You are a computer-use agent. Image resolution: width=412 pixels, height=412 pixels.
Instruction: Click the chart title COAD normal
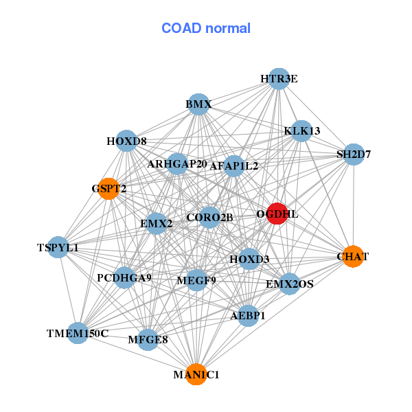pyautogui.click(x=206, y=29)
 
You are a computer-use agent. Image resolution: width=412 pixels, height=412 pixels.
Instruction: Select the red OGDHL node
pyautogui.click(x=277, y=214)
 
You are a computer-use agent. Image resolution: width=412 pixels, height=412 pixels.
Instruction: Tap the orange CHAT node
pyautogui.click(x=352, y=256)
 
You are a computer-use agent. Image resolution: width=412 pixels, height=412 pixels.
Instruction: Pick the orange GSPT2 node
pyautogui.click(x=108, y=188)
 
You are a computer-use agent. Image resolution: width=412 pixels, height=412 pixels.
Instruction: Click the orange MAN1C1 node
pyautogui.click(x=196, y=374)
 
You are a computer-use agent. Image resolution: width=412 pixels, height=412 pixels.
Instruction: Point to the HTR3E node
pyautogui.click(x=278, y=79)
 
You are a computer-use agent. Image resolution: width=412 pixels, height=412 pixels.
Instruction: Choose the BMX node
pyautogui.click(x=198, y=104)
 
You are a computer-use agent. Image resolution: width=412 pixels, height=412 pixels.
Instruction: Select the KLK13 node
pyautogui.click(x=301, y=130)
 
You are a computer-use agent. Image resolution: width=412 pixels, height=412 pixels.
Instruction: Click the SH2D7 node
pyautogui.click(x=353, y=154)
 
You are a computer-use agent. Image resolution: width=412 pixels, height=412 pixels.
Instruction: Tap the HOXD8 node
pyautogui.click(x=126, y=141)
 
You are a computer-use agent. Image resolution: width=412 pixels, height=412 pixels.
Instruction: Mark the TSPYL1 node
pyautogui.click(x=58, y=247)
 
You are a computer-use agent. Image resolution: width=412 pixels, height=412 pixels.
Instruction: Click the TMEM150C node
pyautogui.click(x=78, y=334)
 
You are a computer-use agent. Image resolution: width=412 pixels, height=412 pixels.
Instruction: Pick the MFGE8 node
pyautogui.click(x=148, y=339)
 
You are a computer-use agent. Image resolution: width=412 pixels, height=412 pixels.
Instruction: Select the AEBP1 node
pyautogui.click(x=248, y=316)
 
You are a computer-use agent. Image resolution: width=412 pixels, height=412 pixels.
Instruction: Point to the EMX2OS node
pyautogui.click(x=289, y=283)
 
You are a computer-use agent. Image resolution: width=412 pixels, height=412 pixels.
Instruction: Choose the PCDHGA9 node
pyautogui.click(x=124, y=278)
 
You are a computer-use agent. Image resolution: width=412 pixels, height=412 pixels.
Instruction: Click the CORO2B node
pyautogui.click(x=209, y=218)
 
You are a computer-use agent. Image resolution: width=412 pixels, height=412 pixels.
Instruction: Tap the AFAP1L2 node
pyautogui.click(x=233, y=165)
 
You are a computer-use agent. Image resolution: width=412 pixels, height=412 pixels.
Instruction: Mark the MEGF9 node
pyautogui.click(x=196, y=280)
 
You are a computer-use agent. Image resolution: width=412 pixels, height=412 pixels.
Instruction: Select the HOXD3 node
pyautogui.click(x=249, y=259)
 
